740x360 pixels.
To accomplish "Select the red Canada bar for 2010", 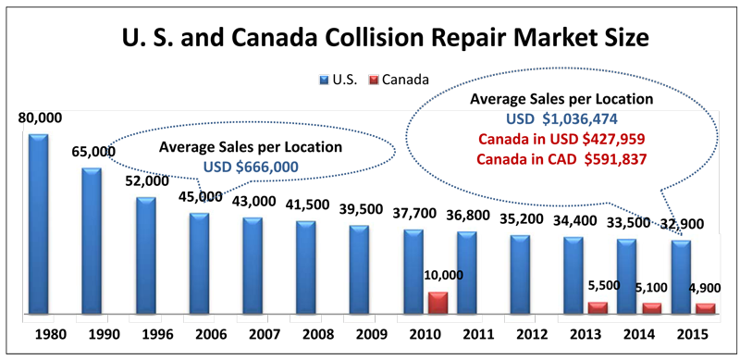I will click(x=437, y=304).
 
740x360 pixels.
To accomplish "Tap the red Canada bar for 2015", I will click(x=706, y=308).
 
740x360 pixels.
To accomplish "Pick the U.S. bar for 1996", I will click(x=145, y=255).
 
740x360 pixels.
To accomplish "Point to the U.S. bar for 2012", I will click(x=520, y=275).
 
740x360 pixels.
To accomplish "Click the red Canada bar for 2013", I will click(x=598, y=307).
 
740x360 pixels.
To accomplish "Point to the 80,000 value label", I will click(x=38, y=118).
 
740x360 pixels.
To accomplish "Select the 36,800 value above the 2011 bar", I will click(x=466, y=215).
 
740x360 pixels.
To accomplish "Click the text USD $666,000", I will click(x=250, y=167).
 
